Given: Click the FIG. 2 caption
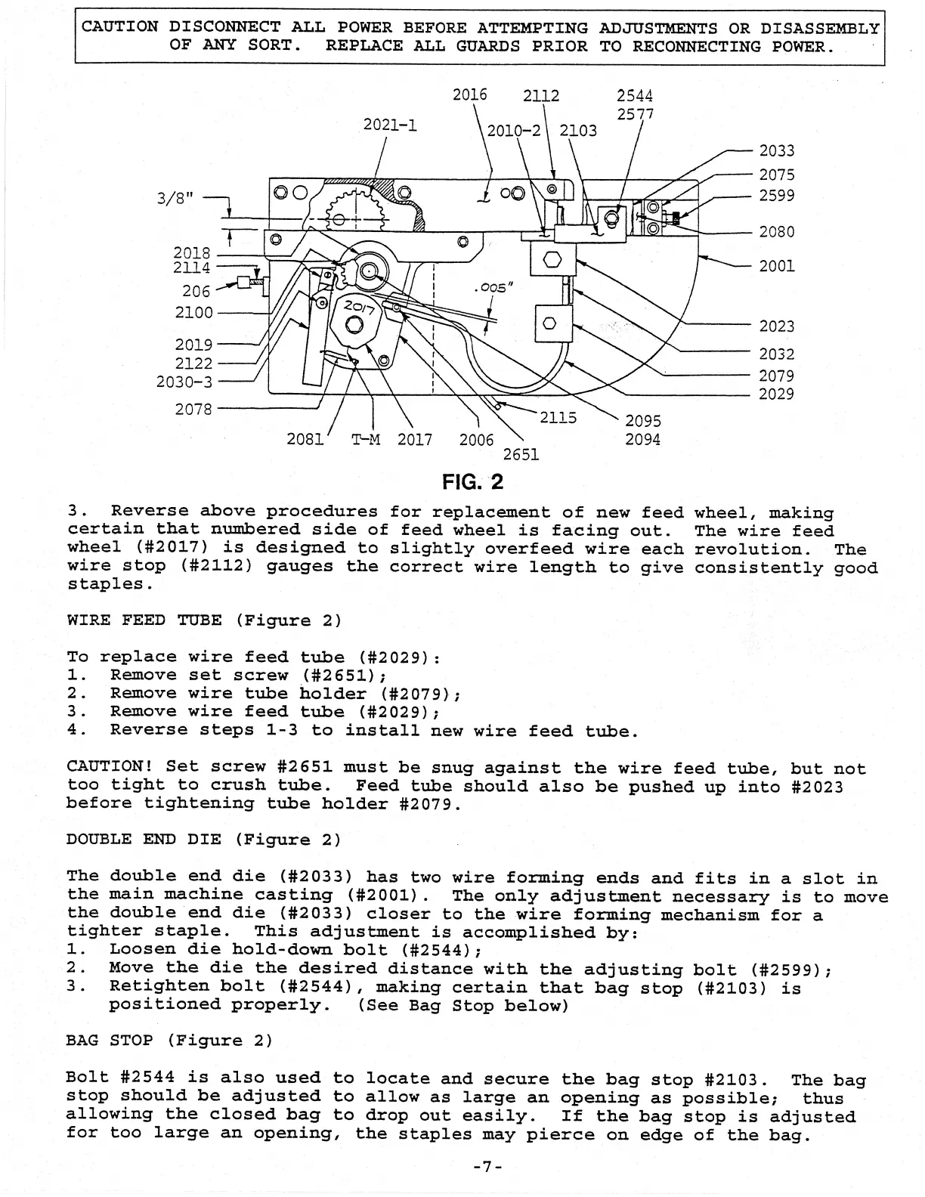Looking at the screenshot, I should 472,481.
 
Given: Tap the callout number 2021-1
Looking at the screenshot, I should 390,125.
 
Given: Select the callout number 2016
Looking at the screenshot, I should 469,95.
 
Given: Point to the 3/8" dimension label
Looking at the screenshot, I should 175,198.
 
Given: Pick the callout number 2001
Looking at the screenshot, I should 777,266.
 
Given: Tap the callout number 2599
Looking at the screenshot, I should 777,196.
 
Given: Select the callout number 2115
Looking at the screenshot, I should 558,418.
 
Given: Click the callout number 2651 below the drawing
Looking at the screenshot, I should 521,454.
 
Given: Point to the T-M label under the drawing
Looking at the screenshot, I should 365,440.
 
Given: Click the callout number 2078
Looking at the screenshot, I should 193,410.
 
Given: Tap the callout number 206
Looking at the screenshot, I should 196,291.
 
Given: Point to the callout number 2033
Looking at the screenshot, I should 777,151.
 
